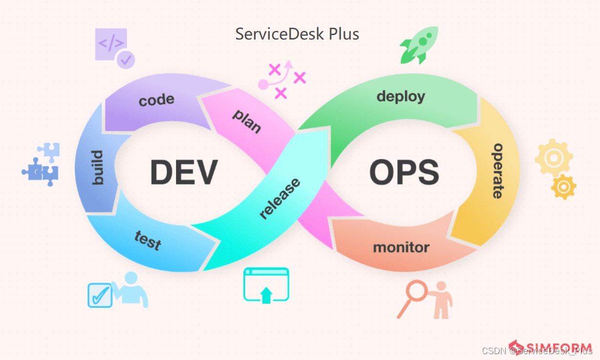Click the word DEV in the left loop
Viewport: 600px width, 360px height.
183,172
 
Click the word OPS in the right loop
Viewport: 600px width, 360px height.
404,172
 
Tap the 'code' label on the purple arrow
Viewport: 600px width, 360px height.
157,100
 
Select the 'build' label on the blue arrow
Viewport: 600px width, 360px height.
98,168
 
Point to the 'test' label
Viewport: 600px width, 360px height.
148,240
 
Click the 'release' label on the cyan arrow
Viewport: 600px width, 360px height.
280,199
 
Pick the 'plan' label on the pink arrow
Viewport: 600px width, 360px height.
247,121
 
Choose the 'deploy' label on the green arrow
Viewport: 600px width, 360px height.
400,96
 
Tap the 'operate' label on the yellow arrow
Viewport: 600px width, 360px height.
497,171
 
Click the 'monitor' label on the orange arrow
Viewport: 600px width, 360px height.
401,247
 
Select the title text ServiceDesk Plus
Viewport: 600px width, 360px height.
297,34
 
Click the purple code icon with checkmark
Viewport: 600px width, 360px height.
114,47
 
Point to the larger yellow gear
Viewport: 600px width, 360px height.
553,158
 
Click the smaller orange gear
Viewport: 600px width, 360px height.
564,186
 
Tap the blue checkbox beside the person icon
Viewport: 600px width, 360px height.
100,295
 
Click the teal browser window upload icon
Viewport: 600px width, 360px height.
266,285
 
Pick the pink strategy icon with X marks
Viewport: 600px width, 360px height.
281,79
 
